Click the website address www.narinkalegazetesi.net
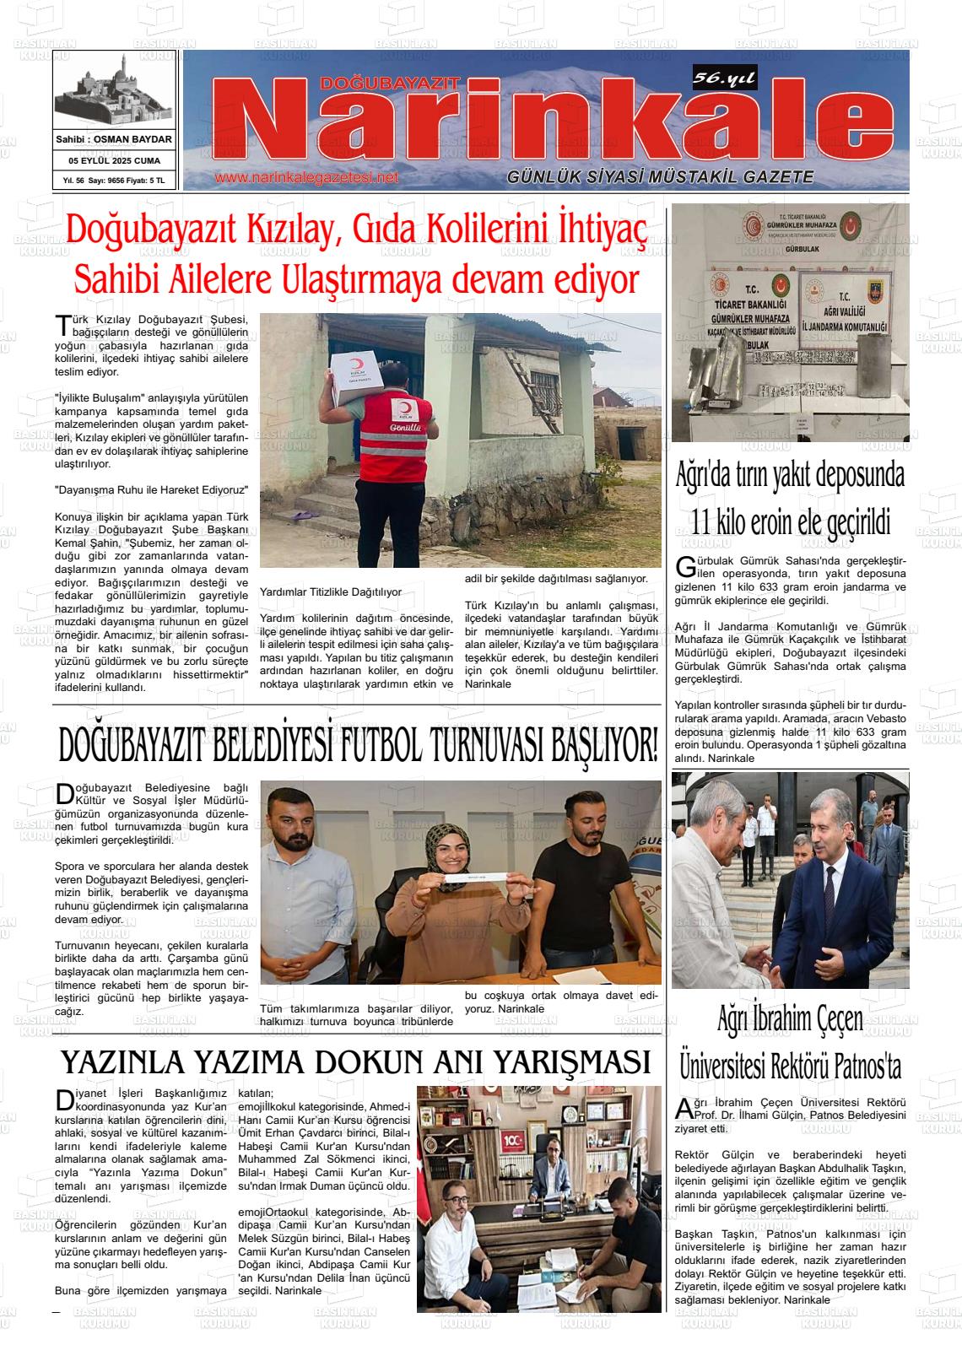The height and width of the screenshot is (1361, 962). (305, 178)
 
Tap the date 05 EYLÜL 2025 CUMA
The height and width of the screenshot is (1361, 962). (115, 159)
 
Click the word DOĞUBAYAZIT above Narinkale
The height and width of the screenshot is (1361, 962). (389, 83)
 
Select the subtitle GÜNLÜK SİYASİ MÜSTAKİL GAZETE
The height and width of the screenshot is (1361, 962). (660, 177)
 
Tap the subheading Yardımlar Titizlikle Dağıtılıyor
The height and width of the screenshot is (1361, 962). (331, 592)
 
